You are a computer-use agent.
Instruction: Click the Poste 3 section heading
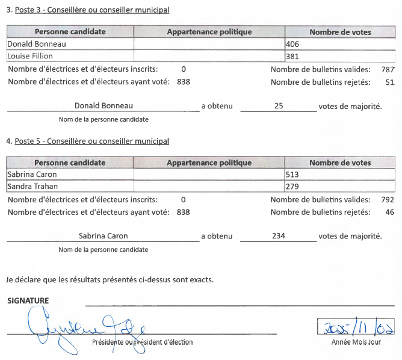88,10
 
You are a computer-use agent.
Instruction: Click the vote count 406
293,44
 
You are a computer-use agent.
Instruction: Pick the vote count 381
293,56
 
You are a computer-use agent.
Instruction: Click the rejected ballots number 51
389,82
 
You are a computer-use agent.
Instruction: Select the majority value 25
278,106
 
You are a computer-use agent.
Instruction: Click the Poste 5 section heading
88,141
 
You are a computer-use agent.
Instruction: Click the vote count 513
293,175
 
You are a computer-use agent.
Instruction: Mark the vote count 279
293,187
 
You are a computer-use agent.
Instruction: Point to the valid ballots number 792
388,200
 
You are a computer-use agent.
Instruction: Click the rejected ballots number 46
389,212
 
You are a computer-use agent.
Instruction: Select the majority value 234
278,237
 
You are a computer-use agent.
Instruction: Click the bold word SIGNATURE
28,300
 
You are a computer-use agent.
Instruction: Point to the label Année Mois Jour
355,342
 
